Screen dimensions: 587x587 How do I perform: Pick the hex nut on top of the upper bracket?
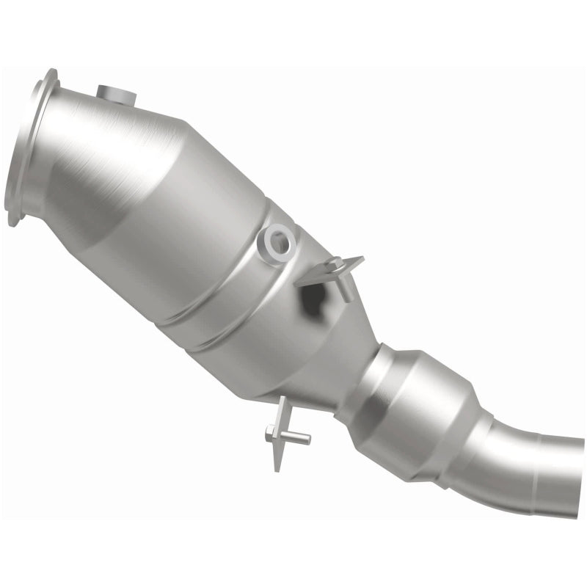click(x=333, y=262)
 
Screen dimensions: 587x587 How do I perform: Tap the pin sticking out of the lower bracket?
click(x=297, y=438)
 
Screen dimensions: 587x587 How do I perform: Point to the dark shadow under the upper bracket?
click(x=314, y=297)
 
